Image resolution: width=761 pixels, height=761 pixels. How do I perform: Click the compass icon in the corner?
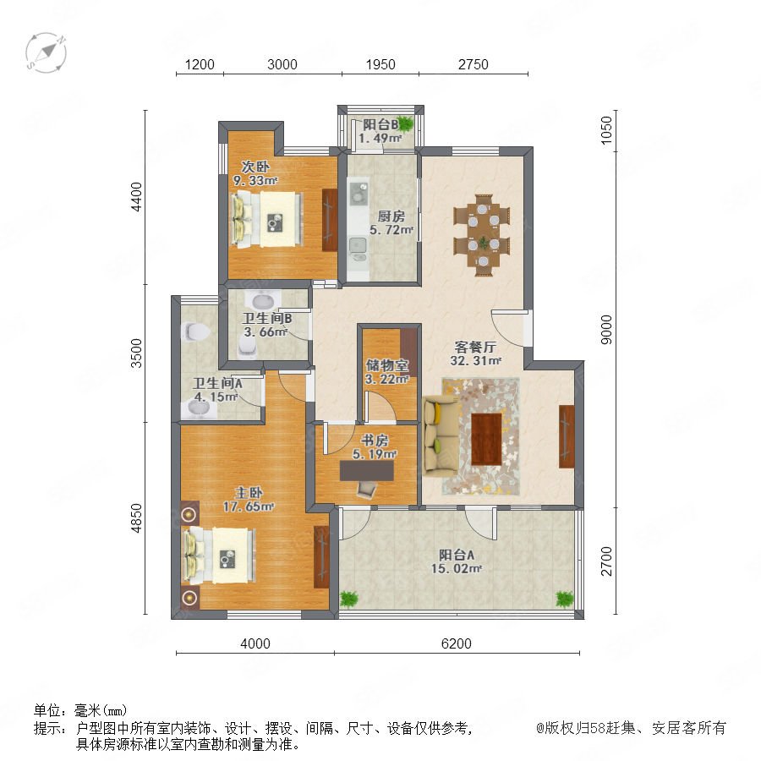pyautogui.click(x=47, y=53)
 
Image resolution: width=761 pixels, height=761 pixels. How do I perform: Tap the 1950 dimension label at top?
pyautogui.click(x=380, y=64)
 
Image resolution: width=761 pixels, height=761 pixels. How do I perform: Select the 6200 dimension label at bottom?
pyautogui.click(x=457, y=643)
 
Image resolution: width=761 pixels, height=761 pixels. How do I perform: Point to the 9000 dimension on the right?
pyautogui.click(x=606, y=330)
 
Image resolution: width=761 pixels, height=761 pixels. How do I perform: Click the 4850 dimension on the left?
pyautogui.click(x=137, y=517)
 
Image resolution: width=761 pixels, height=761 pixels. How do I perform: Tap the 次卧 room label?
pyautogui.click(x=255, y=167)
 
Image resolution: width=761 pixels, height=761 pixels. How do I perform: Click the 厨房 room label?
pyautogui.click(x=391, y=216)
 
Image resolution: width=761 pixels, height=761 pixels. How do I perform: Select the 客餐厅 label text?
pyautogui.click(x=475, y=347)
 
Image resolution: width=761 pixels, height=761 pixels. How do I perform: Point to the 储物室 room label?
pyautogui.click(x=387, y=365)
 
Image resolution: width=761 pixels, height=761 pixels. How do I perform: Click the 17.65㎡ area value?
pyautogui.click(x=249, y=506)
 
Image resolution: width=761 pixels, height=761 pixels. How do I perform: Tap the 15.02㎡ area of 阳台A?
pyautogui.click(x=457, y=568)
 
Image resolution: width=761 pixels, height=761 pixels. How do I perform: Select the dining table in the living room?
pyautogui.click(x=483, y=235)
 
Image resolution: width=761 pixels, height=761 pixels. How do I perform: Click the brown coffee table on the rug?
pyautogui.click(x=486, y=439)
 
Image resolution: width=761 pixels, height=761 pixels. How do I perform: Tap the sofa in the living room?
pyautogui.click(x=441, y=435)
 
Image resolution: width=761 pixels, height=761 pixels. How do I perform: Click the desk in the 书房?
pyautogui.click(x=366, y=471)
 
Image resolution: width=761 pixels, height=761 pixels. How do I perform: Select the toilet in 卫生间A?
pyautogui.click(x=195, y=332)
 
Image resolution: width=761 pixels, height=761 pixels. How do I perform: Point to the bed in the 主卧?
pyautogui.click(x=219, y=556)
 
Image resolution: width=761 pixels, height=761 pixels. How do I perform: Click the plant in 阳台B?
pyautogui.click(x=406, y=123)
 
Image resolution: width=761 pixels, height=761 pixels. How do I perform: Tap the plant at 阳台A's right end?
pyautogui.click(x=565, y=599)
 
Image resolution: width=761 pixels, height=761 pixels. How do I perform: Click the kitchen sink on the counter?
pyautogui.click(x=359, y=244)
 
